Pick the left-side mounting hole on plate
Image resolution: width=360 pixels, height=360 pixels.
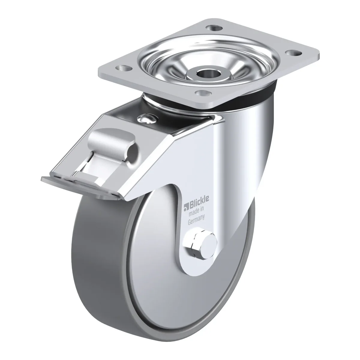tap(123, 68)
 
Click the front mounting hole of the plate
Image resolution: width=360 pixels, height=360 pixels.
tap(203, 93)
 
